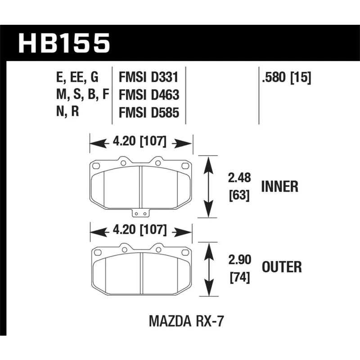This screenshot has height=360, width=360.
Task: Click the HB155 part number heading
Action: [x=64, y=43]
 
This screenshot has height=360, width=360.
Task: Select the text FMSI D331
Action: [x=148, y=77]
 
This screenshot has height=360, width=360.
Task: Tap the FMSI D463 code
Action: [x=149, y=95]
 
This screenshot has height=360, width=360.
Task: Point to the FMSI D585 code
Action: [x=149, y=113]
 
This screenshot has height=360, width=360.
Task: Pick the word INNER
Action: [x=279, y=186]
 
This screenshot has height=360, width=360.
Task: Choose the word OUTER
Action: [x=282, y=267]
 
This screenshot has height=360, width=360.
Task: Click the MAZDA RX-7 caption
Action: [x=186, y=321]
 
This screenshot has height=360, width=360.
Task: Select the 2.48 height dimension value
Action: [x=239, y=178]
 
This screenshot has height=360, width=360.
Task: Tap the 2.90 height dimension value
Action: [x=240, y=260]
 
